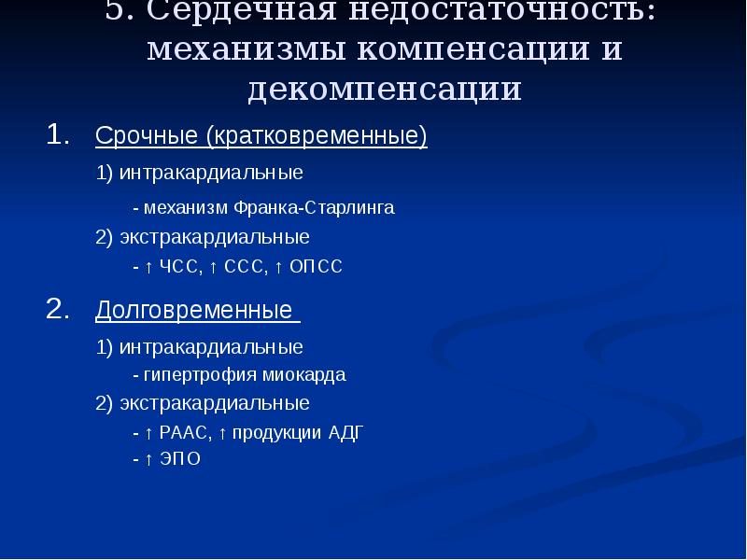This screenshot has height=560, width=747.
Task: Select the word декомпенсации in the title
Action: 384,89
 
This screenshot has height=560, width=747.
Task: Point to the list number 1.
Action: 58,134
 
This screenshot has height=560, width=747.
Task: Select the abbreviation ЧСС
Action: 178,268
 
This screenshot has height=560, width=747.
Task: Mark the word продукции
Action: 276,432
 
